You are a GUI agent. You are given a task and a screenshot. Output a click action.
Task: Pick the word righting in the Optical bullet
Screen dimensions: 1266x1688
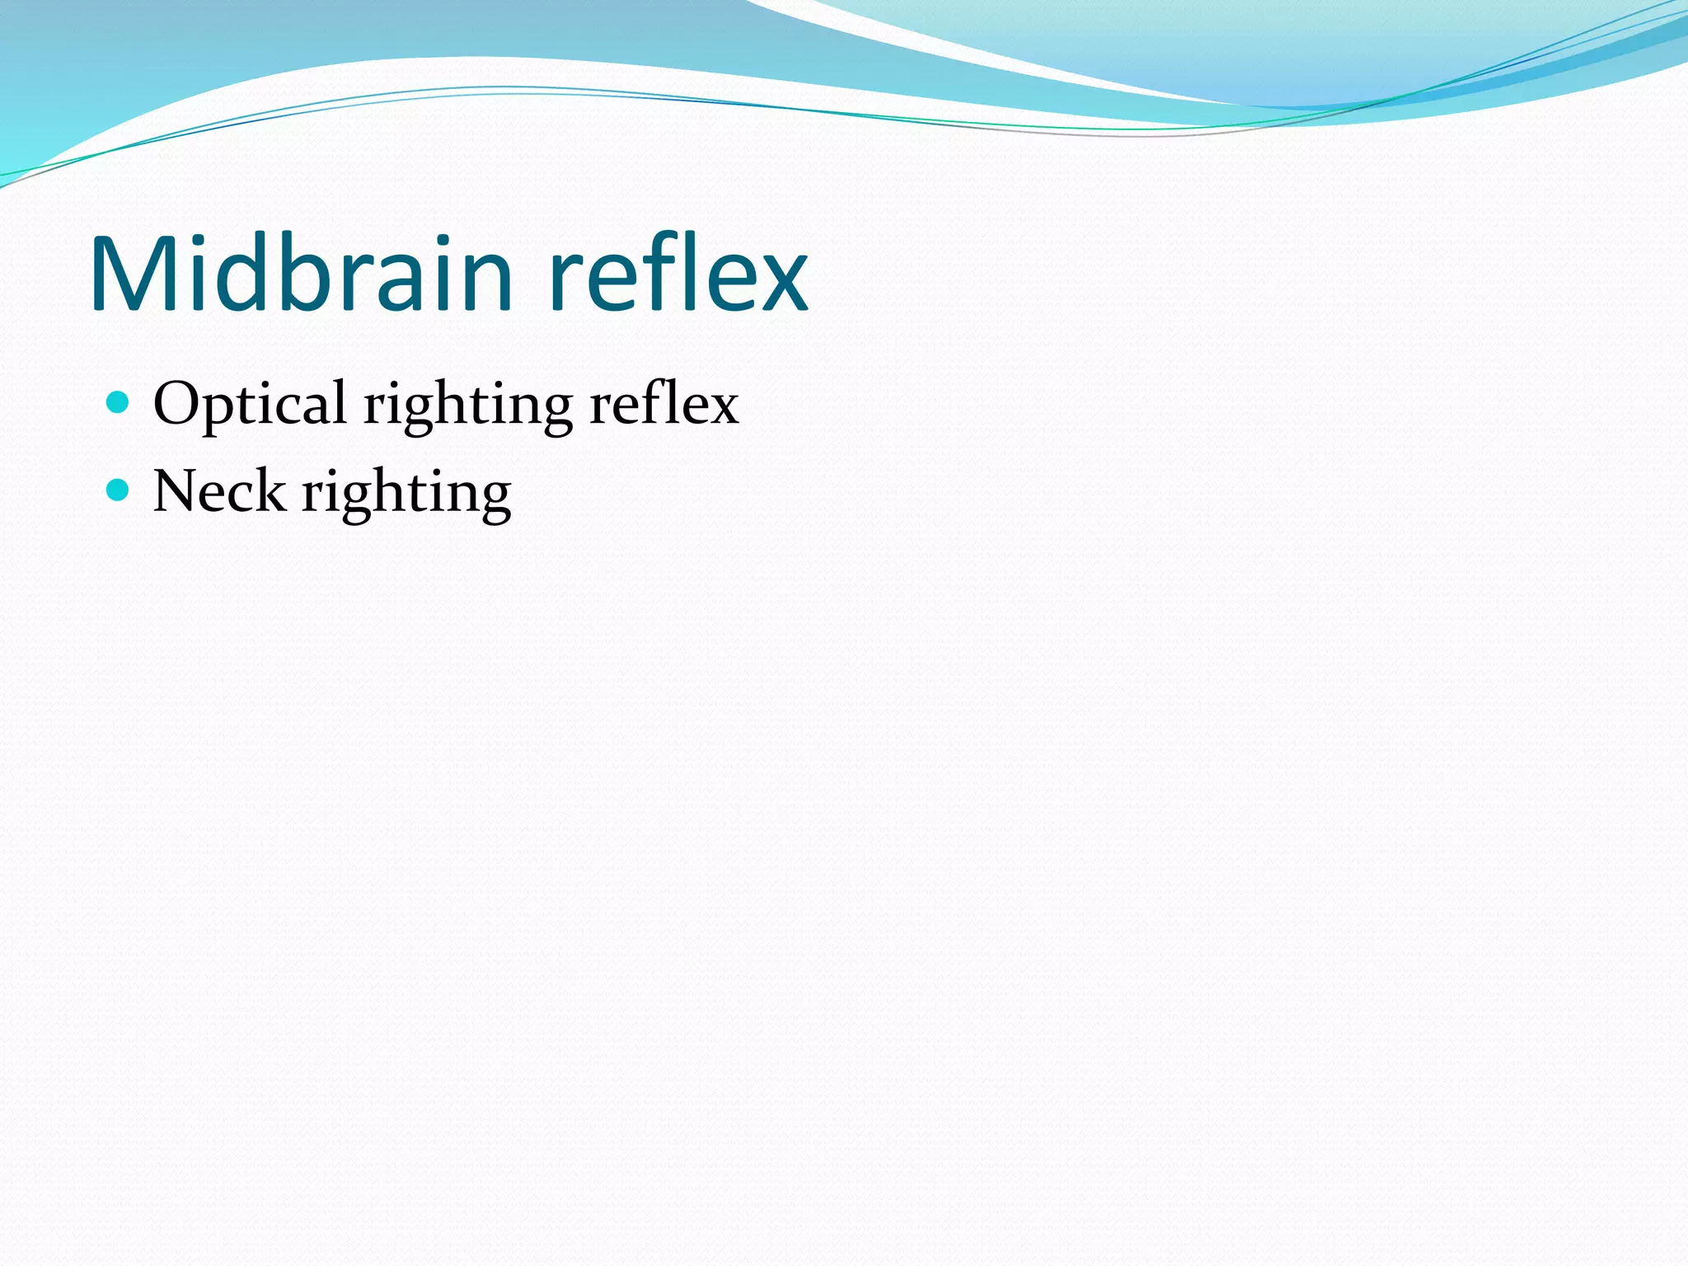click(468, 406)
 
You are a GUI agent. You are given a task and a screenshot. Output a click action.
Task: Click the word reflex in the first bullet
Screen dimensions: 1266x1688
click(664, 404)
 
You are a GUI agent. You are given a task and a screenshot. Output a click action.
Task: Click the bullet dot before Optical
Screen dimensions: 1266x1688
click(119, 402)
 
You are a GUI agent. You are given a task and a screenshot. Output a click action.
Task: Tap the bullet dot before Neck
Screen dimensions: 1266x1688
click(119, 490)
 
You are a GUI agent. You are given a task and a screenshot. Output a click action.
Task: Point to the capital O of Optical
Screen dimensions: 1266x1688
click(177, 404)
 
